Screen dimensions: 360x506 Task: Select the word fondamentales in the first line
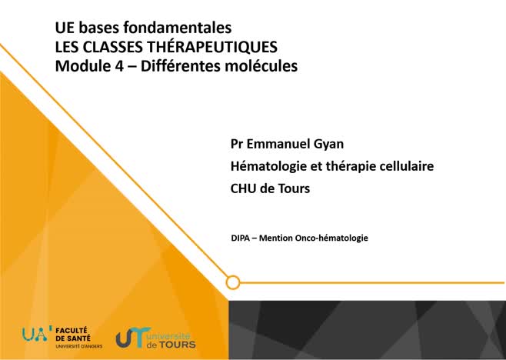[x=185, y=28]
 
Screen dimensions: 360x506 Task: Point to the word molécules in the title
[x=258, y=66]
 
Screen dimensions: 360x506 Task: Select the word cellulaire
[x=404, y=165]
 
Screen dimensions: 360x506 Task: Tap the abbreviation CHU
[x=245, y=187]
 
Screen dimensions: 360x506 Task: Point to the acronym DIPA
[x=241, y=238]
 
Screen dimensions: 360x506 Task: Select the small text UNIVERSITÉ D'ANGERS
[x=78, y=347]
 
